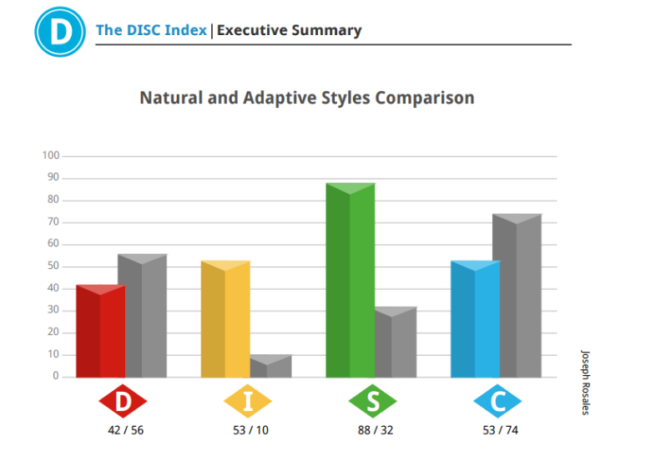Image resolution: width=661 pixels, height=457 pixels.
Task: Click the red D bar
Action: (x=101, y=331)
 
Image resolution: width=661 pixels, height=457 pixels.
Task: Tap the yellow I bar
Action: (x=225, y=319)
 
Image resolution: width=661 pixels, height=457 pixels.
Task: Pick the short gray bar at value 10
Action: (x=270, y=366)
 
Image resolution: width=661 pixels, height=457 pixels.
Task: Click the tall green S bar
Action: (x=351, y=280)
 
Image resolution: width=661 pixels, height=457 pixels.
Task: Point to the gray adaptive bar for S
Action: (x=396, y=343)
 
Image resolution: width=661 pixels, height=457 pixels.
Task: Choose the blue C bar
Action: (x=476, y=319)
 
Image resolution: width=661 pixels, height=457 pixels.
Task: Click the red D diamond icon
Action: (x=123, y=401)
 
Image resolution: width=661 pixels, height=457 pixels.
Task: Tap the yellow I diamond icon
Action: (x=248, y=401)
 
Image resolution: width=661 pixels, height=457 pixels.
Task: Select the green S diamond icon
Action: (x=373, y=401)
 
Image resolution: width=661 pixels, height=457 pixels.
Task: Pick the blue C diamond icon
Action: (x=497, y=401)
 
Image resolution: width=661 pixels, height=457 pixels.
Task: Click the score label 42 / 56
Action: (x=126, y=430)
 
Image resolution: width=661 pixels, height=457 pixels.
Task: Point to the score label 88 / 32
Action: (x=376, y=430)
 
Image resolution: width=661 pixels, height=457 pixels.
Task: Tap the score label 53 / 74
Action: (x=501, y=430)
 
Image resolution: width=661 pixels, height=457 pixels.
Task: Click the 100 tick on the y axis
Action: (x=51, y=155)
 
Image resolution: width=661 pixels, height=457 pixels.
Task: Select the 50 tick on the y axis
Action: (x=53, y=266)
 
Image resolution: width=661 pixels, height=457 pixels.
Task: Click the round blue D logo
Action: (x=60, y=32)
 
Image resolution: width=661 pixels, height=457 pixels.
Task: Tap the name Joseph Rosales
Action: (x=586, y=383)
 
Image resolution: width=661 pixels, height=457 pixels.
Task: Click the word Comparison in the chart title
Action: (x=425, y=98)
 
